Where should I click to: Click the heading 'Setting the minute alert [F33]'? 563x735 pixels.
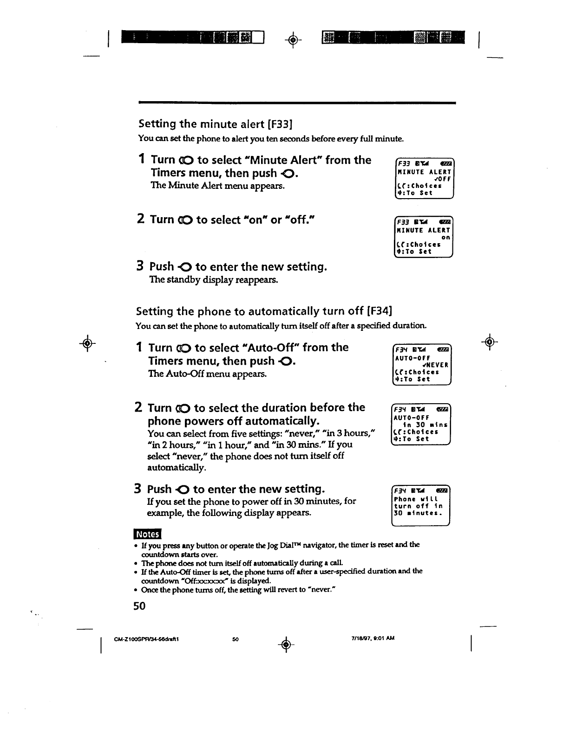(x=215, y=124)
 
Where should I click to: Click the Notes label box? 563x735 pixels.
(x=147, y=535)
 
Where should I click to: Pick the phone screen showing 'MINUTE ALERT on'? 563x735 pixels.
(x=423, y=237)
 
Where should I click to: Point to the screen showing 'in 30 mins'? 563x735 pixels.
(x=420, y=425)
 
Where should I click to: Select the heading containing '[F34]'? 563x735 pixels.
(x=264, y=311)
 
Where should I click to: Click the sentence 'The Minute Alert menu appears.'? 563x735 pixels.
(x=217, y=186)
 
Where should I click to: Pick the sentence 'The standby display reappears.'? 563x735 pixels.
(x=213, y=280)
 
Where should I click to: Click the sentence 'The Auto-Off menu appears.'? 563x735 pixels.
(x=207, y=374)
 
